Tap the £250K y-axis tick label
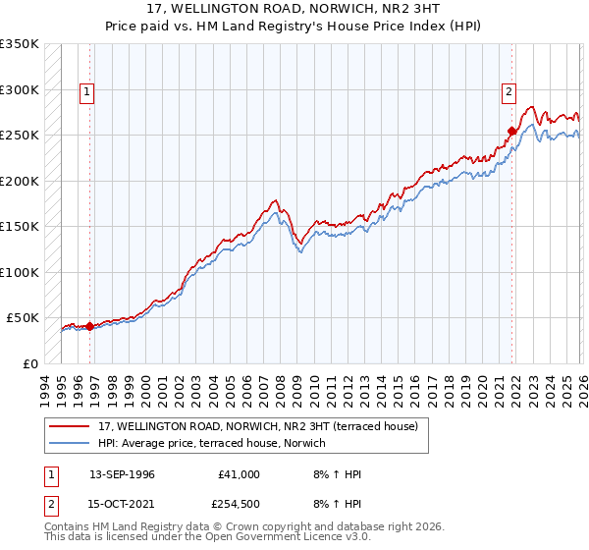coord(20,136)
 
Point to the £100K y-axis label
coord(20,272)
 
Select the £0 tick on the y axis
coord(29,363)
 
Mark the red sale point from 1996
coord(89,326)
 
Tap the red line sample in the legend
coord(70,426)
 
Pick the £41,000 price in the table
coord(240,474)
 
